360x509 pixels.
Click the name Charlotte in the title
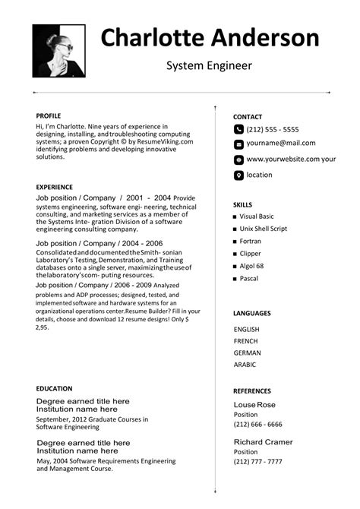coord(153,37)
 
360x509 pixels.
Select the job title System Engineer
coord(209,66)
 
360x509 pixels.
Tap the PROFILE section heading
coord(49,115)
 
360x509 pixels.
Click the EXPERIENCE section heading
coord(55,187)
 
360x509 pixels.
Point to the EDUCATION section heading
coord(55,388)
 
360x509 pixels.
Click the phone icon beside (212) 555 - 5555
coord(238,130)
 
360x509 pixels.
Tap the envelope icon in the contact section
coord(238,144)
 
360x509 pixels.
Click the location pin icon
coord(238,175)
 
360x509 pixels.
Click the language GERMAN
coord(248,353)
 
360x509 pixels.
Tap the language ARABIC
coord(246,365)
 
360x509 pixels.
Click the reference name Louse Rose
coord(254,405)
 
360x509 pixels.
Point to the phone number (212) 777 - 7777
coord(257,461)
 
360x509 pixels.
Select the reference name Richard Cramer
coord(264,442)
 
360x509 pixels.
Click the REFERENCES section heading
coord(252,390)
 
